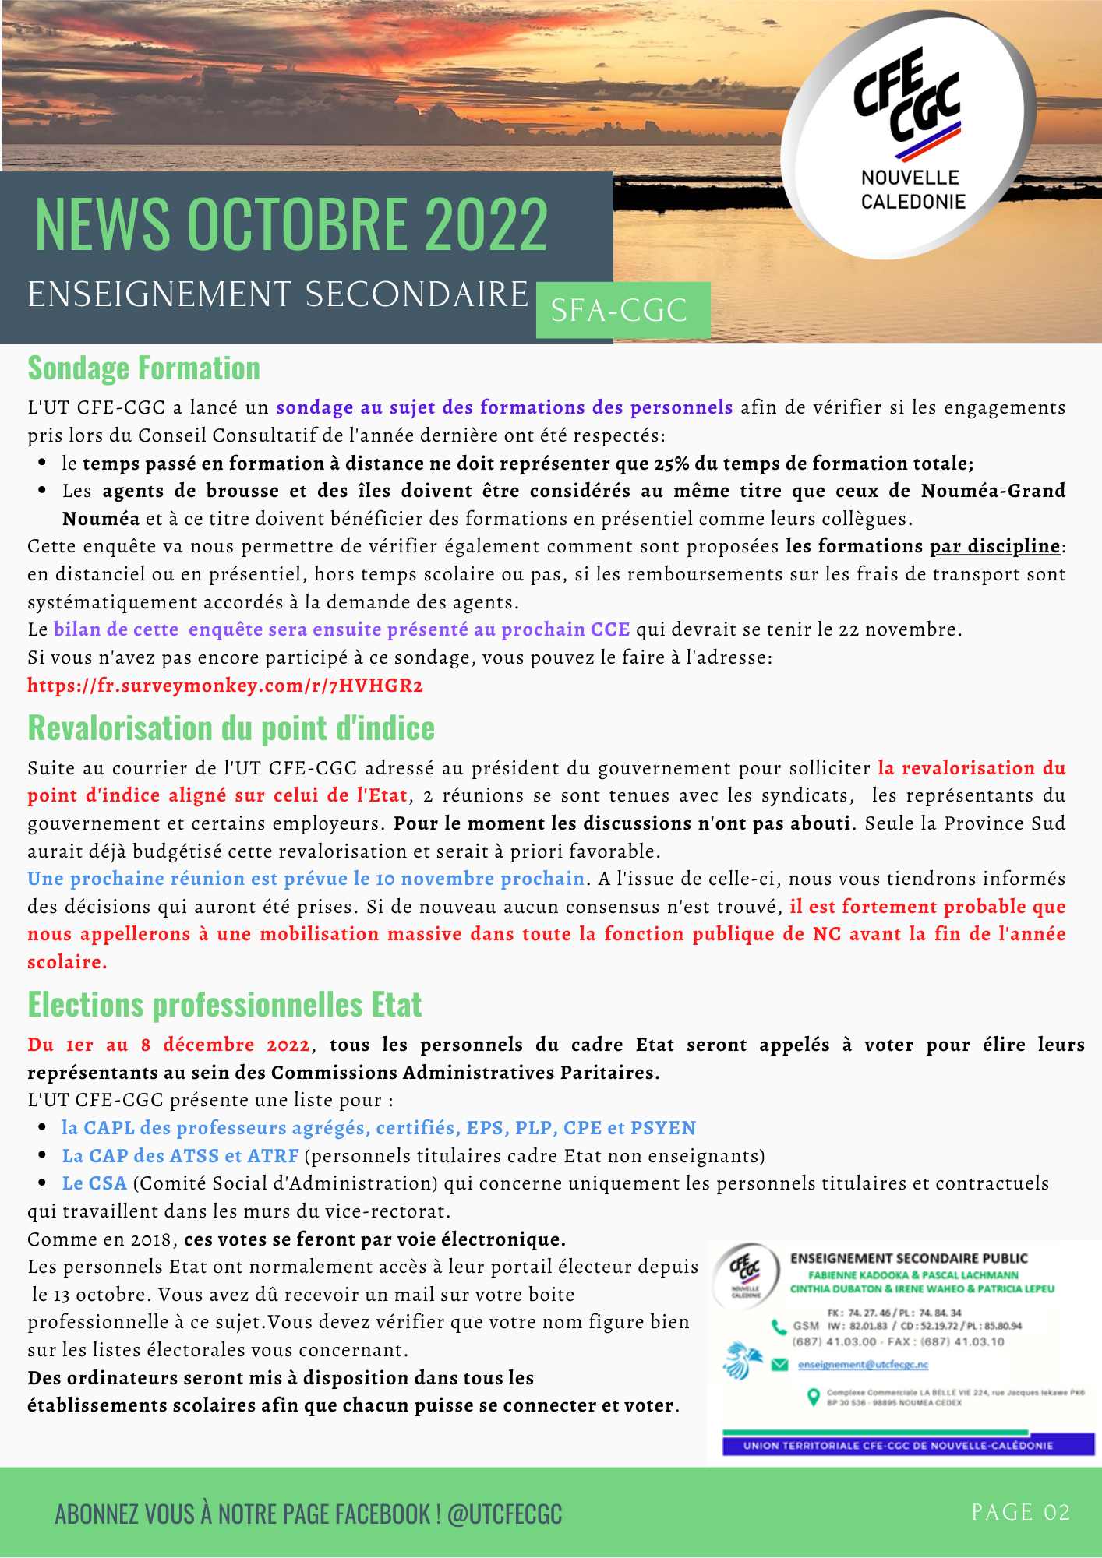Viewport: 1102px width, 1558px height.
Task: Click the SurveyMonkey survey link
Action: (225, 686)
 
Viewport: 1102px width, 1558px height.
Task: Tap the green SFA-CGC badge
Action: (622, 310)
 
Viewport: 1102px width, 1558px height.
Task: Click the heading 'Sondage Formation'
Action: (144, 368)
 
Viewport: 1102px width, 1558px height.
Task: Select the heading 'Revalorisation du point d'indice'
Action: (231, 728)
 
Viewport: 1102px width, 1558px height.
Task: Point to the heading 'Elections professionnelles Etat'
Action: (224, 1005)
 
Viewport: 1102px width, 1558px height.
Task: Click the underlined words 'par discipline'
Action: (995, 546)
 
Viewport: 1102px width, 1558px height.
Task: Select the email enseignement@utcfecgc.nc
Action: (863, 1365)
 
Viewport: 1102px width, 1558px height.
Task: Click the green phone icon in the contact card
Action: (779, 1327)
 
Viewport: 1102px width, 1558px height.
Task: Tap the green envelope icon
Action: (779, 1364)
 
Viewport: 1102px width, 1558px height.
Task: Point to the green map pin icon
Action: (813, 1396)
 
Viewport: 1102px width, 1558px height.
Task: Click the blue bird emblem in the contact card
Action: (742, 1360)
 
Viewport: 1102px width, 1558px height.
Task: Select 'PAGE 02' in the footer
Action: (1020, 1512)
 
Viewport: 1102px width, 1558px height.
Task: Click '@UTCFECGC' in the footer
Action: (504, 1514)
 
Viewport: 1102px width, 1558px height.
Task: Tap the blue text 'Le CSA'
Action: (94, 1183)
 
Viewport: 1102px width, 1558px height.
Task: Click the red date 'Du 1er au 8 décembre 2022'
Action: (168, 1045)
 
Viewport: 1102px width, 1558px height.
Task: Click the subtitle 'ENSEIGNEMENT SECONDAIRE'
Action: (278, 294)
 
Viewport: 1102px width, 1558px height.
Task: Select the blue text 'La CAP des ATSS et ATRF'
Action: (180, 1156)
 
